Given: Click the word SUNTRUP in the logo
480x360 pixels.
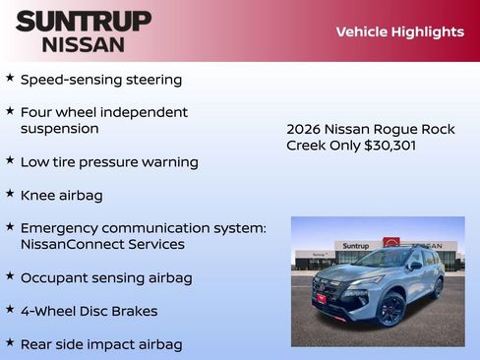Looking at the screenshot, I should point(84,20).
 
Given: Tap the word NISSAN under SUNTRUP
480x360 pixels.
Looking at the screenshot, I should point(84,43).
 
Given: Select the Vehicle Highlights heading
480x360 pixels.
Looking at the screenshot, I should point(399,31).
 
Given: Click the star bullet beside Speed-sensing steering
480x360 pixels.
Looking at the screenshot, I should point(10,78).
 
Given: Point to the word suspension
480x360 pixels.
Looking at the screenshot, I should point(60,129).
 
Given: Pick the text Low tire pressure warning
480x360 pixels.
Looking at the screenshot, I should point(109,162).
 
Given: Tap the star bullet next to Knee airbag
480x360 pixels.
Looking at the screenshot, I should point(10,195).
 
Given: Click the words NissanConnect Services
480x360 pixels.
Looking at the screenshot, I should point(102,244).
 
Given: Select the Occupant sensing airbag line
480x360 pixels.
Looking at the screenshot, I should point(106,278).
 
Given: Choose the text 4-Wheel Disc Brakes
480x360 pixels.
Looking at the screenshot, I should point(89,312).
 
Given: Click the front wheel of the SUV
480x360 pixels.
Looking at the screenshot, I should point(390,310).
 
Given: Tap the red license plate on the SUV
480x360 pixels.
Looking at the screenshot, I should point(322,298).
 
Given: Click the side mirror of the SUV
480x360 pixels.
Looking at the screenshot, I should point(415,266).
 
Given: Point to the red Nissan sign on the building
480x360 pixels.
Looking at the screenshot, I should point(391,243).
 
